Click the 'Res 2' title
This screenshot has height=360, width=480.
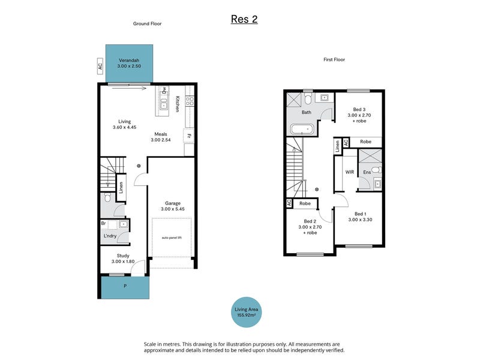coord(244,19)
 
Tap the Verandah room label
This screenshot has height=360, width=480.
coord(129,61)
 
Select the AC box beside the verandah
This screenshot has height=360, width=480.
coord(100,66)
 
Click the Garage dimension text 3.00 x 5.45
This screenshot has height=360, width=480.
coord(173,209)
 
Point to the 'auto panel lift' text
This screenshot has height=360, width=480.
coord(172,238)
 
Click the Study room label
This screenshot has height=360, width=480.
coord(123,256)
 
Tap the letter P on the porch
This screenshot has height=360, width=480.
coord(125,286)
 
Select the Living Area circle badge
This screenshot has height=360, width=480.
coord(246,312)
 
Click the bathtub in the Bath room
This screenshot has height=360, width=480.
coord(302,130)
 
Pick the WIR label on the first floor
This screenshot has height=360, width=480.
coord(350,172)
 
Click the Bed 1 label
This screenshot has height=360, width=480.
coord(360,214)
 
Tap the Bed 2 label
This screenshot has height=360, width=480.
coord(310,221)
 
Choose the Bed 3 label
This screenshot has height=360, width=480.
coord(359,109)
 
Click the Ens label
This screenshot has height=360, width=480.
coord(367,172)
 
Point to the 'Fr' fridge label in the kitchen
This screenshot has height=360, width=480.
coord(189,136)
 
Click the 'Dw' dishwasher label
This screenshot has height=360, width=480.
coord(164,90)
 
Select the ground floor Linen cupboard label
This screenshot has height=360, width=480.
coord(121,188)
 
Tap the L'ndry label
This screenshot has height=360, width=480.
coord(110,236)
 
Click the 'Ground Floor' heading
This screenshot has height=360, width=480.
coord(147,23)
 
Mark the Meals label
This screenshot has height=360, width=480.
coord(161,134)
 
